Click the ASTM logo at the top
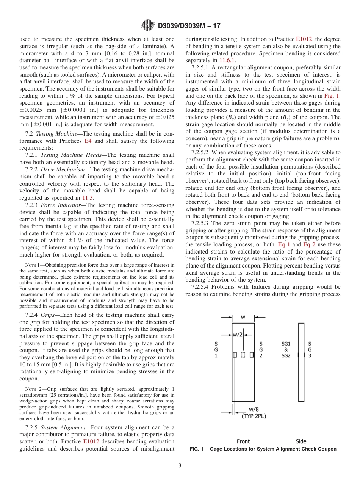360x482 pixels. [147, 26]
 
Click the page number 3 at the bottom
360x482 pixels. [180, 465]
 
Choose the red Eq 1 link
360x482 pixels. [284, 244]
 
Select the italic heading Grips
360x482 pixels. [48, 315]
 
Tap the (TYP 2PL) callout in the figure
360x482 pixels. [254, 416]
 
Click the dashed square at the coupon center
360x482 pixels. [243, 355]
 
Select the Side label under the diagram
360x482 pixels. [301, 441]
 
